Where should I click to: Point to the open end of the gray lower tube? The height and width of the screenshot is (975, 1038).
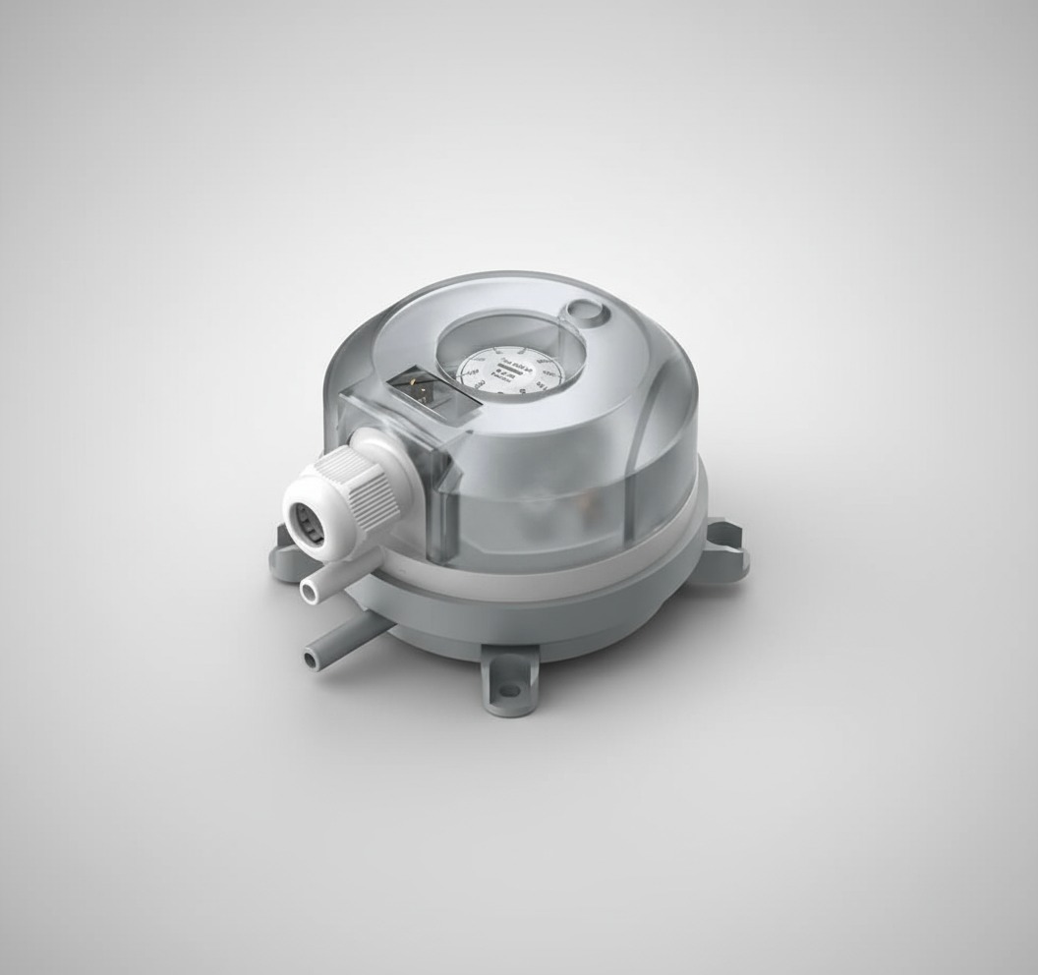tap(313, 652)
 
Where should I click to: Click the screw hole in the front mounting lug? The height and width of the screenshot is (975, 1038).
tap(508, 690)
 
